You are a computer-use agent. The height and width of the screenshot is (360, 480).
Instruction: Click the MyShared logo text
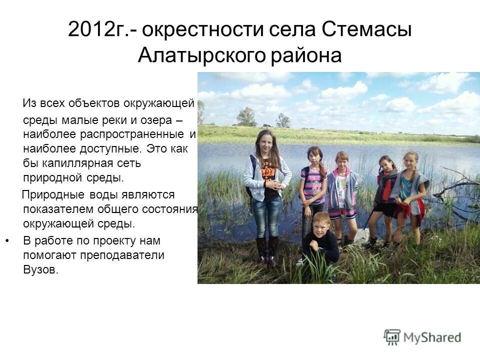[x=432, y=337]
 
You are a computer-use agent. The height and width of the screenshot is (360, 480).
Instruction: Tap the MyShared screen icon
[x=392, y=337]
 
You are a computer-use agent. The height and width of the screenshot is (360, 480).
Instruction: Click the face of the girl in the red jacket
[x=386, y=165]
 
